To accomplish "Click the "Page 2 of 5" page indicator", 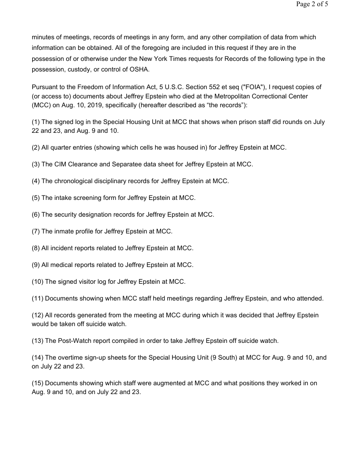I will coord(312,5).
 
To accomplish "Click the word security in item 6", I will coord(67,214).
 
